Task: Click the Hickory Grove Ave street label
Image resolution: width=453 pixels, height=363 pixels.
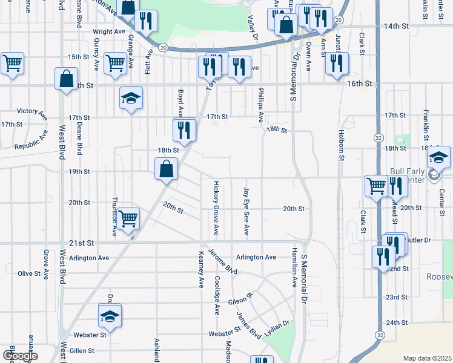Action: coord(216,208)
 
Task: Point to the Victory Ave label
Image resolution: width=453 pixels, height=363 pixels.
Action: coord(31,112)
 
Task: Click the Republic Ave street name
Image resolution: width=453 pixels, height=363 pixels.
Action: coord(30,141)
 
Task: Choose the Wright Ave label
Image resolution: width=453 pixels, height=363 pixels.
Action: coord(109,31)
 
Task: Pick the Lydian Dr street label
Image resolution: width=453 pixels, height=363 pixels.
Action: coord(277,325)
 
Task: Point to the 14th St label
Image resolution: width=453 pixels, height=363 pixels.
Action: coord(396,27)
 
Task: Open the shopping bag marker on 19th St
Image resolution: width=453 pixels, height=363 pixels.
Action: coord(166,169)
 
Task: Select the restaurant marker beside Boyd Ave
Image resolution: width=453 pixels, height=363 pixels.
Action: coord(184,129)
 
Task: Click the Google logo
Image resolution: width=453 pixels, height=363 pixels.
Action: coord(19,356)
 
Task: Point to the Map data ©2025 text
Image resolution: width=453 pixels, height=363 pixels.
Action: coord(427,358)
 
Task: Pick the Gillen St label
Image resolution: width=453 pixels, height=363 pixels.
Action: coord(82,350)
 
